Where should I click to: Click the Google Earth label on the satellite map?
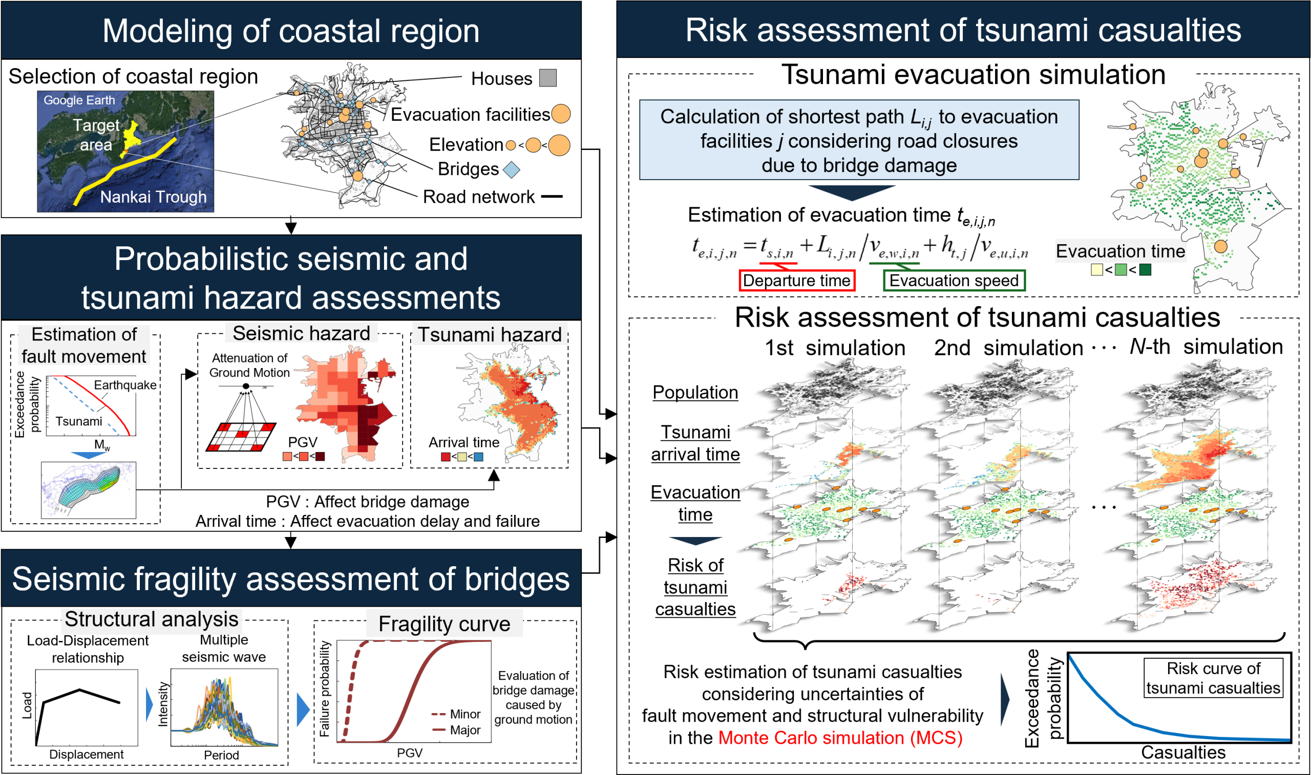[x=79, y=100]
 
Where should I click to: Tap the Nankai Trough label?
[x=153, y=197]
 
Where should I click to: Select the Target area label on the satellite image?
[x=96, y=134]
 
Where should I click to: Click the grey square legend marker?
[x=547, y=78]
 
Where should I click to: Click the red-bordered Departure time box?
[x=796, y=281]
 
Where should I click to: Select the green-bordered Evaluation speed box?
[x=954, y=281]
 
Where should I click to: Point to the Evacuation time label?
[x=1120, y=251]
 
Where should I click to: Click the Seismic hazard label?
[x=301, y=333]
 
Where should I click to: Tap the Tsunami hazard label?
[x=490, y=334]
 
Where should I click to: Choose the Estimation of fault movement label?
[x=83, y=345]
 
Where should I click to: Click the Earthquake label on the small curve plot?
[x=125, y=385]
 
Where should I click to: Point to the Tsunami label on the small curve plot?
[x=79, y=421]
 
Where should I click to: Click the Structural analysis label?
[x=152, y=619]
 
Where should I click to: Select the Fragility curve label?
[x=444, y=623]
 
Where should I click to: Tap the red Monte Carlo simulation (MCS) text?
[x=840, y=738]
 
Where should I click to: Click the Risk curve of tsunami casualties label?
[x=1213, y=678]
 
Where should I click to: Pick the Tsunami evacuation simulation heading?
[x=973, y=75]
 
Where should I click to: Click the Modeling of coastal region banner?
[x=291, y=31]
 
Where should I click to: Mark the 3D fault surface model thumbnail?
[x=89, y=490]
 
